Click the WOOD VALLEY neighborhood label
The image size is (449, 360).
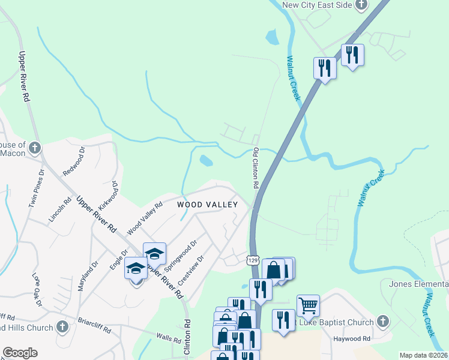(208, 205)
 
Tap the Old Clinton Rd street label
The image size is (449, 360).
(256, 169)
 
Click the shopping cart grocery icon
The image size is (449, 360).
(308, 305)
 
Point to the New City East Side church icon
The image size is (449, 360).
(361, 5)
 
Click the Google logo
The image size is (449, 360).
(20, 353)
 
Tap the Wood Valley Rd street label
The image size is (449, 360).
(145, 218)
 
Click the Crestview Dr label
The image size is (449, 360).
(191, 274)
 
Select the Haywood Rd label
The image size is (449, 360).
(354, 339)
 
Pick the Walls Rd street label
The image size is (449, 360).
(168, 338)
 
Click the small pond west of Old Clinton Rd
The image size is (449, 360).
(206, 161)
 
